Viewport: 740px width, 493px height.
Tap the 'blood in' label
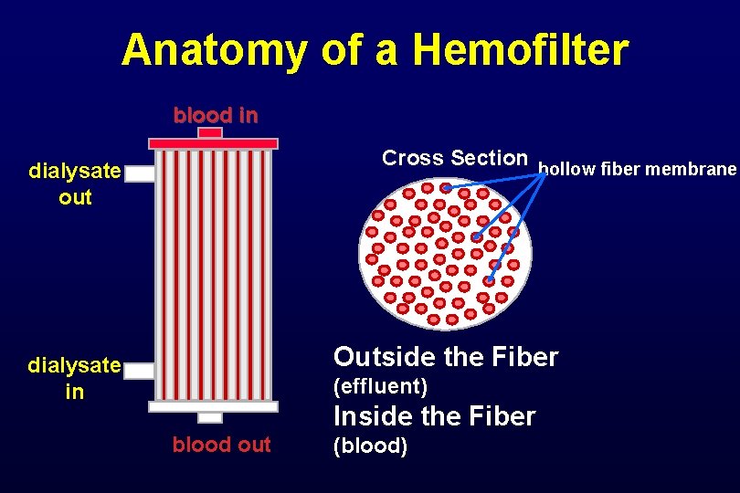[x=216, y=116]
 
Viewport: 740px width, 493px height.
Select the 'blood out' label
[x=221, y=445]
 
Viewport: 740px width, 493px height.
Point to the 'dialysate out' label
[x=75, y=184]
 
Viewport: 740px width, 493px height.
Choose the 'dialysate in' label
[x=74, y=378]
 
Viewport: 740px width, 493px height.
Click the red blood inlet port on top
[x=210, y=132]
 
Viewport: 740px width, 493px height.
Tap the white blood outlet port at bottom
[x=210, y=417]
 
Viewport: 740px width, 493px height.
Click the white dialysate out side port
[x=140, y=173]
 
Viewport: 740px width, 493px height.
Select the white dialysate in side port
[x=140, y=370]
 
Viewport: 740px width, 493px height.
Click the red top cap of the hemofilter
[x=213, y=143]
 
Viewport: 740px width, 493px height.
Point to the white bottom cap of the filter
[x=213, y=406]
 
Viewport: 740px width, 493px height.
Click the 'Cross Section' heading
[x=455, y=158]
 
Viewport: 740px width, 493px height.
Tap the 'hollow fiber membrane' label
[x=637, y=169]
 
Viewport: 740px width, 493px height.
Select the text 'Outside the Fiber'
[x=446, y=357]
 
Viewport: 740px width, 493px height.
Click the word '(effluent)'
[x=381, y=386]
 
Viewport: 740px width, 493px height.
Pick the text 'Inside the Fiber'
[x=435, y=416]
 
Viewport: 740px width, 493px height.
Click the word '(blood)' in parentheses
[x=371, y=446]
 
